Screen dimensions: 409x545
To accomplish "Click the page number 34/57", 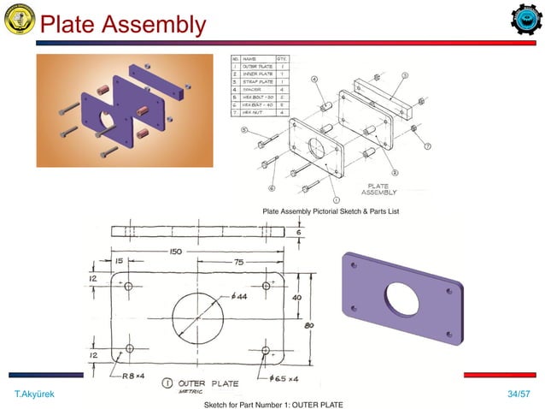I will pyautogui.click(x=518, y=394).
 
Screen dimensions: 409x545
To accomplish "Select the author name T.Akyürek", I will pyautogui.click(x=32, y=394).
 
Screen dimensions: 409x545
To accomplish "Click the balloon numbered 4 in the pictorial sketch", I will pyautogui.click(x=314, y=80).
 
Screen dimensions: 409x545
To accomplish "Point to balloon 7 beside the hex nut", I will pyautogui.click(x=426, y=146).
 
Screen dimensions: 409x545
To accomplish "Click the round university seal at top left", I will pyautogui.click(x=20, y=21).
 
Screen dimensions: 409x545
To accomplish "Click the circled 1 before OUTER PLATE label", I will pyautogui.click(x=167, y=382).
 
